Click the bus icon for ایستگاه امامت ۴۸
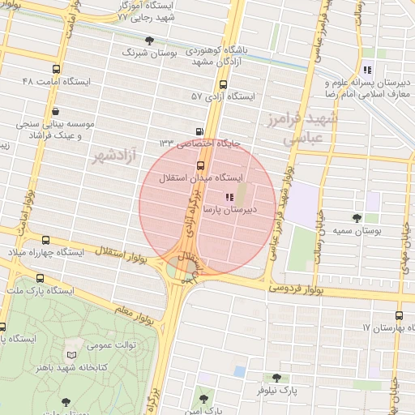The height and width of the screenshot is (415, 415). (55, 70)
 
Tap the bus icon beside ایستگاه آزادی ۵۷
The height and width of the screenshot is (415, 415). (223, 84)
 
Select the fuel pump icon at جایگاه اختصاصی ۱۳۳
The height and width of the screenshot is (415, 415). (199, 132)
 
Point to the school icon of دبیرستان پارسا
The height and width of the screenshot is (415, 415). (229, 196)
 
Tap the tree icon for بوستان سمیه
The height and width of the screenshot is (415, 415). (357, 217)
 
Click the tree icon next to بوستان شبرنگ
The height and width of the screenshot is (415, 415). (148, 40)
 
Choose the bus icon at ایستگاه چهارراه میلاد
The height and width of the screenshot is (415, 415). (45, 241)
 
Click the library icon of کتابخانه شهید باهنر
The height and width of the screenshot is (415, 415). (75, 355)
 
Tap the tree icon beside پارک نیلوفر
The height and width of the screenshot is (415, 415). (276, 378)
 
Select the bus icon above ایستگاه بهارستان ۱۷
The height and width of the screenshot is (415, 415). (399, 315)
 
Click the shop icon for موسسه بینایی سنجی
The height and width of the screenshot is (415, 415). (55, 112)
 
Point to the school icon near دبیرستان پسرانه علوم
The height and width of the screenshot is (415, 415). (367, 70)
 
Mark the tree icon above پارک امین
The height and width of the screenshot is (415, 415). (203, 398)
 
